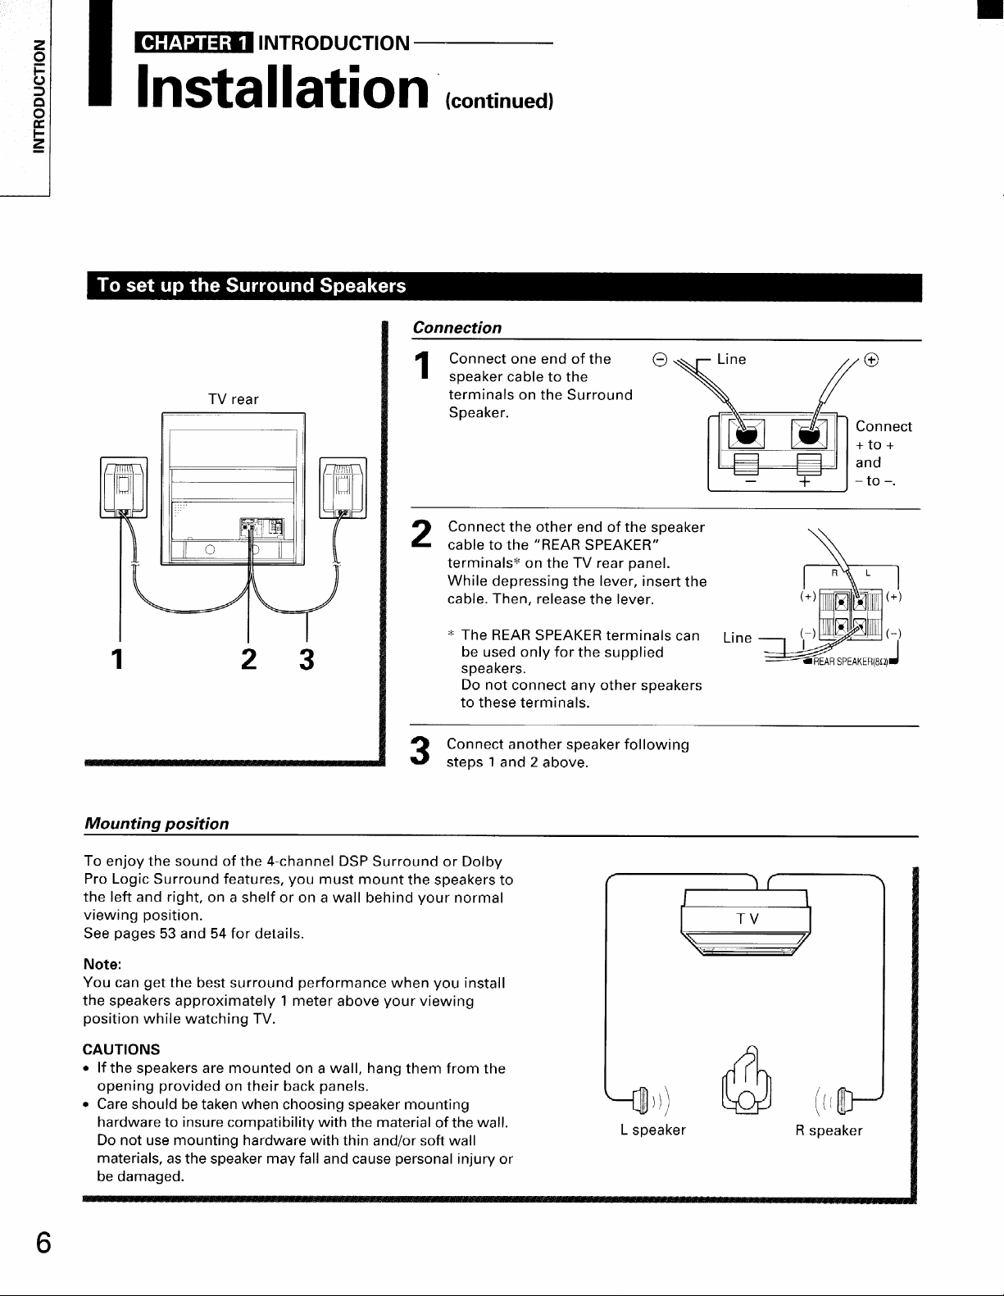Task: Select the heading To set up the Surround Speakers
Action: click(252, 286)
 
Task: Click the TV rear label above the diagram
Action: click(234, 399)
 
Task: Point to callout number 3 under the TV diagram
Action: click(306, 659)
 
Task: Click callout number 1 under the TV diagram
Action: click(120, 659)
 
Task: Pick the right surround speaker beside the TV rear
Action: click(344, 488)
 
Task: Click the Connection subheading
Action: click(457, 328)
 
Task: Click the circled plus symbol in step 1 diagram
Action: click(872, 359)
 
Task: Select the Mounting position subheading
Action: click(157, 823)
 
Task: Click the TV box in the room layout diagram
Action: click(746, 919)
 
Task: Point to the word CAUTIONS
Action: click(122, 1049)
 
